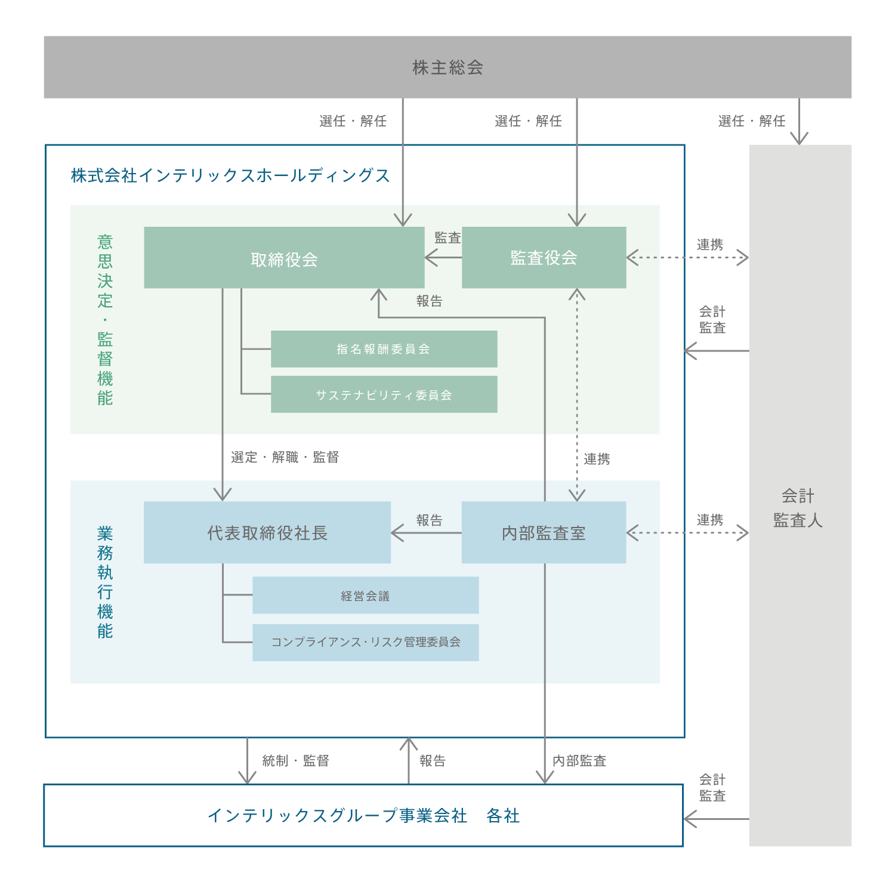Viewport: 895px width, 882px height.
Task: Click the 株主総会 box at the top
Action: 447,67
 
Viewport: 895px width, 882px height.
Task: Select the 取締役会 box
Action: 284,258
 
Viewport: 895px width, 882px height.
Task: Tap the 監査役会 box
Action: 544,258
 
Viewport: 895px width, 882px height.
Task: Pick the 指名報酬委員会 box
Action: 384,349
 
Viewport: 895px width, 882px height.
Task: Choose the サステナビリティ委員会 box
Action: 384,394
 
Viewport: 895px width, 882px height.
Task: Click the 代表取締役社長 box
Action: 267,532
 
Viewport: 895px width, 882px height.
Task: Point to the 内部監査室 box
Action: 544,532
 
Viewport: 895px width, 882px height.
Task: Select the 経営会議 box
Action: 365,595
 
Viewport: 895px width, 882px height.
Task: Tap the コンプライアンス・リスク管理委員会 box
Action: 365,642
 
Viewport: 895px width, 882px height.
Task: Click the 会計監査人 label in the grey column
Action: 798,508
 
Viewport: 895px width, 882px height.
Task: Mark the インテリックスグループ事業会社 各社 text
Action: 363,815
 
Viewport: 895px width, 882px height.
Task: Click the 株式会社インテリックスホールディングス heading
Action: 230,175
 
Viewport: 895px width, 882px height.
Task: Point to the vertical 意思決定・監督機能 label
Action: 105,320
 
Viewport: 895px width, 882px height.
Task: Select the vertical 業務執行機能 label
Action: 105,582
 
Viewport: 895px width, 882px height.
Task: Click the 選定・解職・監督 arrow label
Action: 285,457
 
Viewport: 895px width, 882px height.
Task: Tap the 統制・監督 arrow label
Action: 295,761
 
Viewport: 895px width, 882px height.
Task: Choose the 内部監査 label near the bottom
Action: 579,761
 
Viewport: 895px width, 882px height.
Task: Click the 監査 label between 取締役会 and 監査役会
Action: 447,238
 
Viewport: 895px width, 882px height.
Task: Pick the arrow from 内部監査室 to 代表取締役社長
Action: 426,533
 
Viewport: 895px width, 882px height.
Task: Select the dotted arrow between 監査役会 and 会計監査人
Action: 687,258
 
